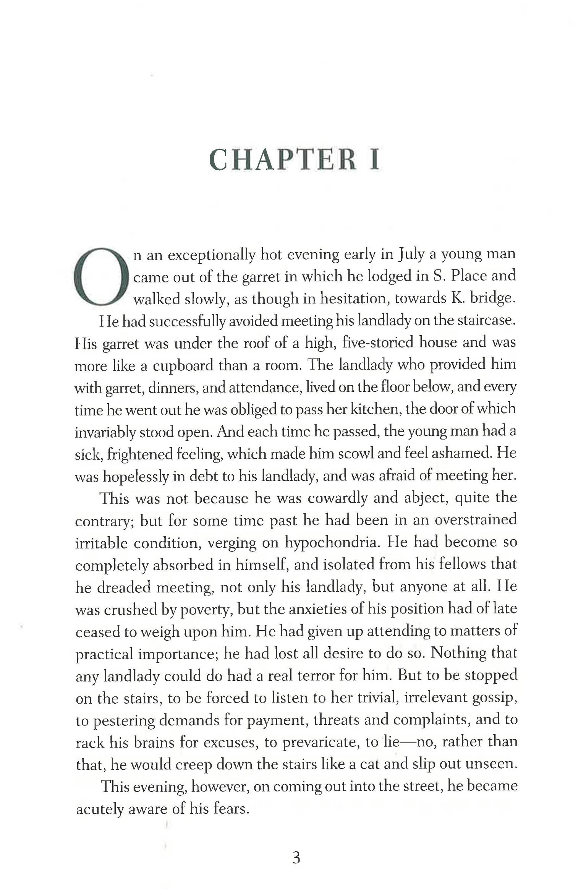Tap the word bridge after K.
pos(493,298)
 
